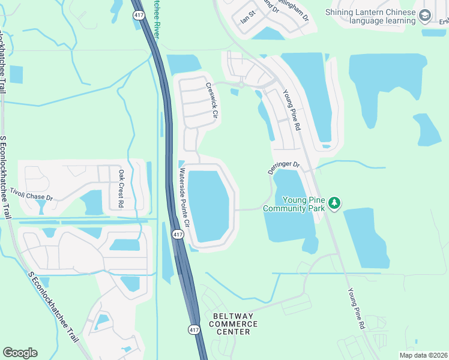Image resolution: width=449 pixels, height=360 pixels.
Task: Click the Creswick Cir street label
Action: coord(211,100)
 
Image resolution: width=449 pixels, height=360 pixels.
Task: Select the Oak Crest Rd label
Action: coord(121,188)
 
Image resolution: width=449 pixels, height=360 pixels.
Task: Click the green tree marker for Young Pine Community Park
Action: coord(334,205)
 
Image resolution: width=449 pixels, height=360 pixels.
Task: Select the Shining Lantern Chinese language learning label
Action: coord(371,16)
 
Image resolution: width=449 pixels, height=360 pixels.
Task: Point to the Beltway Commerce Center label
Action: coord(234,324)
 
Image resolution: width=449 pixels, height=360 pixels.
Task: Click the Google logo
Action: coord(20,353)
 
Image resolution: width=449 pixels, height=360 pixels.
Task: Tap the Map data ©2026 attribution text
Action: coord(415,355)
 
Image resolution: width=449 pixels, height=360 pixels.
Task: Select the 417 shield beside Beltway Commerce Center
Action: coord(193,329)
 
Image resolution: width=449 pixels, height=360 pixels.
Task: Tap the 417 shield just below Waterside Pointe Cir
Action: coord(178,234)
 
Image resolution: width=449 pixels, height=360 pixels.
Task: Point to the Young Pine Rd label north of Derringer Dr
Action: coord(291,110)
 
